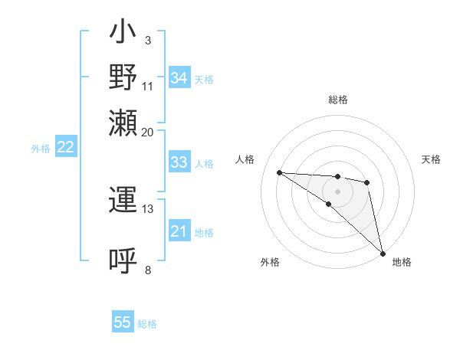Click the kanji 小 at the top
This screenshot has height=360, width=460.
(x=123, y=33)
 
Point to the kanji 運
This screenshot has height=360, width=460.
(x=123, y=201)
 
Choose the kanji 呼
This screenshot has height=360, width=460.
(x=123, y=260)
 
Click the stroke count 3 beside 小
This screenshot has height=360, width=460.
(x=147, y=41)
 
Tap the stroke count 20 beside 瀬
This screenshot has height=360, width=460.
(x=147, y=131)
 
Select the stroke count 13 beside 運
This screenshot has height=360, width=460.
(x=147, y=208)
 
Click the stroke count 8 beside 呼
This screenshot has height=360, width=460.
(x=147, y=269)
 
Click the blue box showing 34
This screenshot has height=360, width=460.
(x=179, y=78)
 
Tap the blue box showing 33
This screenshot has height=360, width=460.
(x=179, y=162)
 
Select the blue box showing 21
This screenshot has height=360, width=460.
(x=179, y=231)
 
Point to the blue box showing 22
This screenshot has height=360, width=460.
(x=65, y=148)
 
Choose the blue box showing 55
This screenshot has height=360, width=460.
(x=123, y=322)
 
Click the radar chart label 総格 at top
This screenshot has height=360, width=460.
(x=338, y=100)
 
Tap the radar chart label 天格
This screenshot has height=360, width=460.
(x=431, y=159)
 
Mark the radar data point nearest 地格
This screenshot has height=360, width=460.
(x=383, y=252)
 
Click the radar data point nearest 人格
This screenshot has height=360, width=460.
(x=280, y=172)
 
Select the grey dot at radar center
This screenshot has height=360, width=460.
(x=337, y=191)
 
